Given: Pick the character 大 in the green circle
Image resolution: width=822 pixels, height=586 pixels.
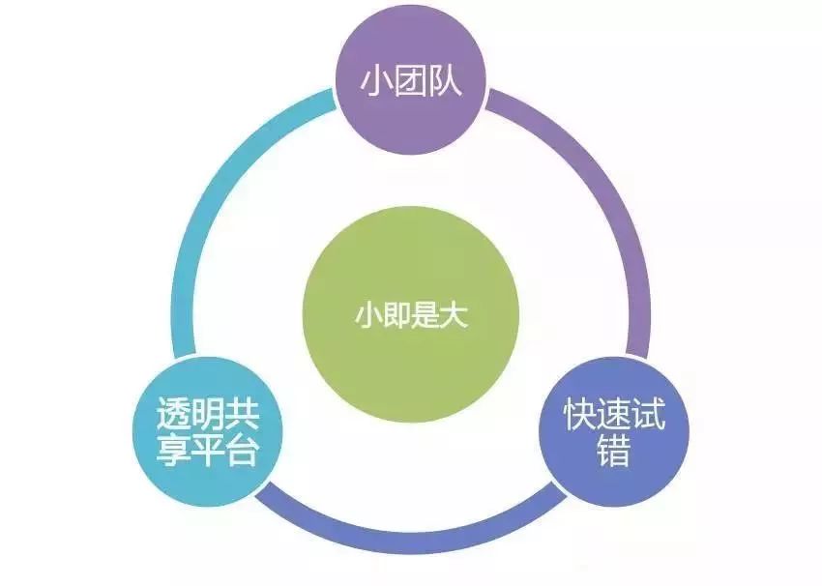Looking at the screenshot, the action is (454, 316).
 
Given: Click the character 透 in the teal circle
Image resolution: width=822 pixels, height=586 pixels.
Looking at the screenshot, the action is (174, 418).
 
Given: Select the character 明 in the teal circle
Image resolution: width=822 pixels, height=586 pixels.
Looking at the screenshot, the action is (208, 418).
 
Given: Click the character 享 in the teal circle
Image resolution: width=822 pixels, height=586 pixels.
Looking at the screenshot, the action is (174, 452).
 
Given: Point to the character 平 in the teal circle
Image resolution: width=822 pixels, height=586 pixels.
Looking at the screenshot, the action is (208, 452).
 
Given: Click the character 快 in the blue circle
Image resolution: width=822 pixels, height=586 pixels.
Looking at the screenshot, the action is (580, 418).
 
